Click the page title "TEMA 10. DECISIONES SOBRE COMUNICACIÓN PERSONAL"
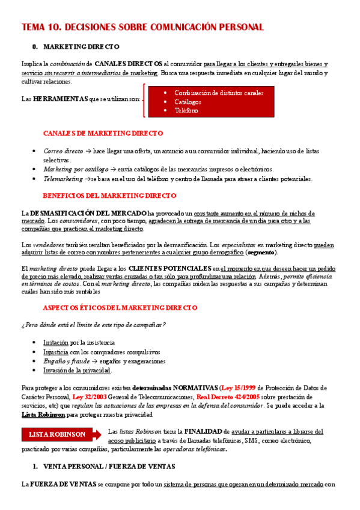142,28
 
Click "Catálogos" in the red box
188,102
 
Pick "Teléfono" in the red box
186,111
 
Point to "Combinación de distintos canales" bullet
219,93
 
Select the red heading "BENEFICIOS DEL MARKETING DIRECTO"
109,195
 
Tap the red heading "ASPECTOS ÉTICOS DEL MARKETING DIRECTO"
120,307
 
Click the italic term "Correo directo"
63,151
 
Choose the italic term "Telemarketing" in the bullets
63,179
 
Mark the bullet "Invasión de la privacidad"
77,370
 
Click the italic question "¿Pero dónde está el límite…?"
93,325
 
